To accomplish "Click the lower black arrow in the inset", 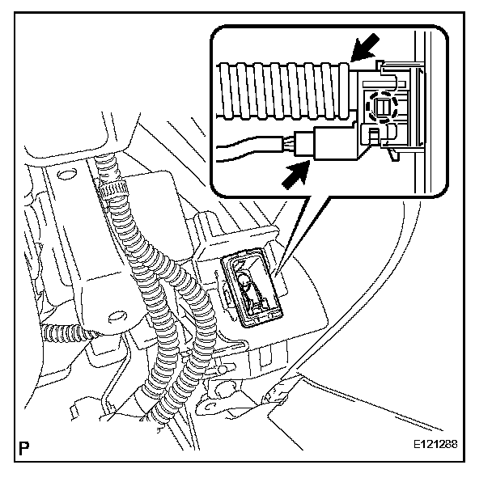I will click(x=293, y=172).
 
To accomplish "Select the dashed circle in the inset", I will click(x=380, y=106).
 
